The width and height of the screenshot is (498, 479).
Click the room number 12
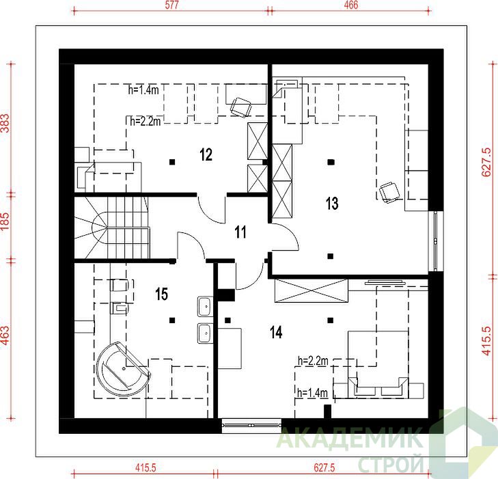click(206, 154)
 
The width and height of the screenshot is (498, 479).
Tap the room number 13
click(332, 204)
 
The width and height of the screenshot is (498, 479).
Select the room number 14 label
click(276, 333)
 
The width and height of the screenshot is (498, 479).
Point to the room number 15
click(162, 294)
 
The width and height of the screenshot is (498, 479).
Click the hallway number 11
click(240, 232)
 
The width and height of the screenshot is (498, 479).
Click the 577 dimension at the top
click(172, 5)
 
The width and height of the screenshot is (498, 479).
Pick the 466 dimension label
click(351, 5)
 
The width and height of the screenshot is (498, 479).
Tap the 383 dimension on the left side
click(5, 123)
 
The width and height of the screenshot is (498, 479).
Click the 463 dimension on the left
click(5, 336)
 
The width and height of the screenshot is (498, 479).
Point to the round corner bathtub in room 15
click(123, 369)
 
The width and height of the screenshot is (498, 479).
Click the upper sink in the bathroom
click(205, 306)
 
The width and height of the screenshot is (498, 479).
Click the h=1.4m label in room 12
click(143, 90)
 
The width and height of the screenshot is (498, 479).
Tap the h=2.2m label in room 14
click(313, 361)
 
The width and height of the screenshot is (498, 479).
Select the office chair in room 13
click(389, 191)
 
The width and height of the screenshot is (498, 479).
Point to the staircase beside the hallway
click(112, 228)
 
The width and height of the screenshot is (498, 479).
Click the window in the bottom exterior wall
click(251, 425)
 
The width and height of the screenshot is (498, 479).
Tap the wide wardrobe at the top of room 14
click(312, 290)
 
